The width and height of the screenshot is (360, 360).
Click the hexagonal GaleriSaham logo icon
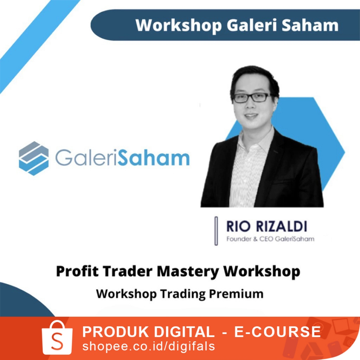pyautogui.click(x=34, y=159)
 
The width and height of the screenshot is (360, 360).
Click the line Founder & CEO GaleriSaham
pyautogui.click(x=270, y=239)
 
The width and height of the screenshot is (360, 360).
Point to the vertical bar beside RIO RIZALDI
pyautogui.click(x=216, y=231)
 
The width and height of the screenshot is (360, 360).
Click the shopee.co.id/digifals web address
pyautogui.click(x=148, y=346)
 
